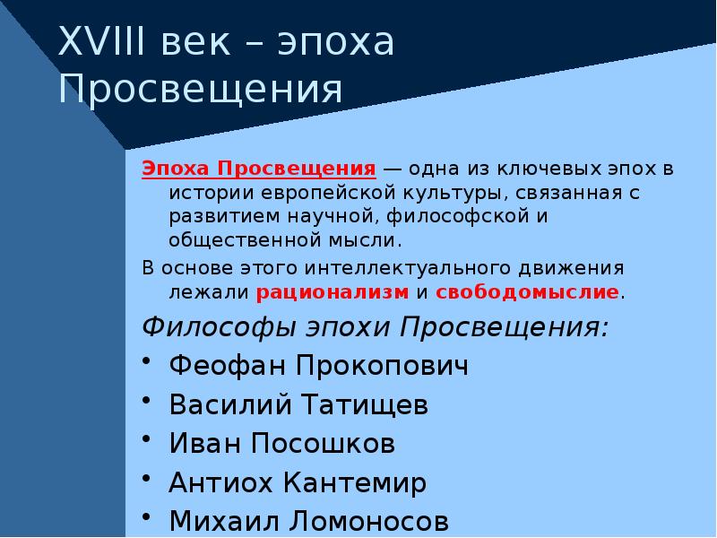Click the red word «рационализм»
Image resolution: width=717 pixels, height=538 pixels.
click(x=333, y=291)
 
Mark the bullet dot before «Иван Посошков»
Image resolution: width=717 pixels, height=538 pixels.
click(x=149, y=440)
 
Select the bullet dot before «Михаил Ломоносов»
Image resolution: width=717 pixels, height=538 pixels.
click(x=149, y=518)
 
